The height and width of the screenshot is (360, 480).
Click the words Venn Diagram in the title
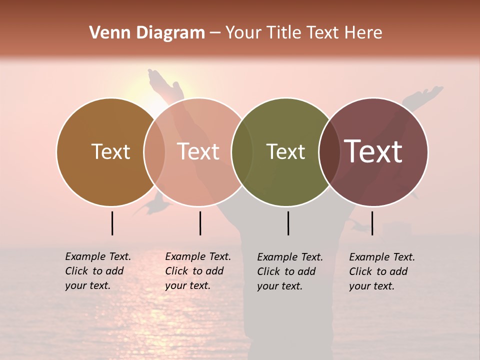147,33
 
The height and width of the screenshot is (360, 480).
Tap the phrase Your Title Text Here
303,33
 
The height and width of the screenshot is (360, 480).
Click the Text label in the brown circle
110,151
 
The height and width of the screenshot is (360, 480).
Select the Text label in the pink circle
198,151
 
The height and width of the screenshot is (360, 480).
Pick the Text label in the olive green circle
285,151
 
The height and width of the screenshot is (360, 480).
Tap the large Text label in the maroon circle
373,151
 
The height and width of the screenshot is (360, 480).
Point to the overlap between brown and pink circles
154,151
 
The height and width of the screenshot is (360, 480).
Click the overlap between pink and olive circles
242,151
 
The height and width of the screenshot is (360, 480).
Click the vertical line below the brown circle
112,223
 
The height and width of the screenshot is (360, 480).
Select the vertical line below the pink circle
200,223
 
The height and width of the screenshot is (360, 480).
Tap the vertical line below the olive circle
288,223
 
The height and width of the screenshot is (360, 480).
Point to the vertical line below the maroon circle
372,223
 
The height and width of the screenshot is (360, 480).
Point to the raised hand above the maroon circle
425,95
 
